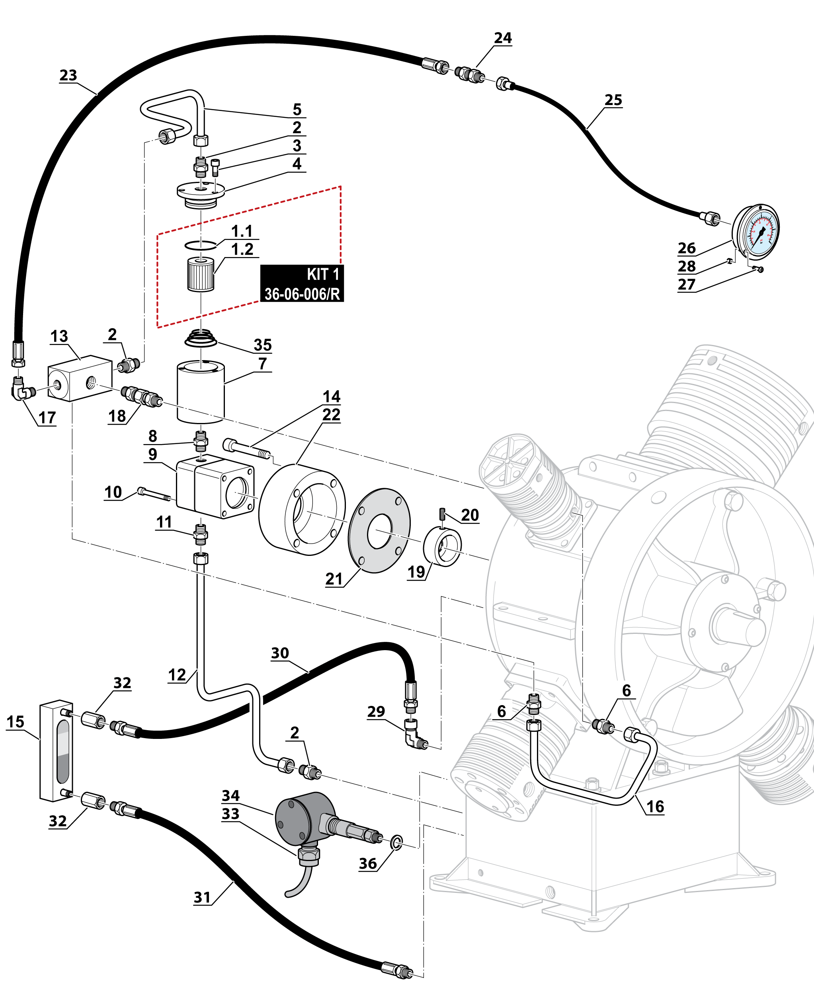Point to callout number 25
(613, 100)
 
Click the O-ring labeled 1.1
(201, 245)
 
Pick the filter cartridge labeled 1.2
(201, 274)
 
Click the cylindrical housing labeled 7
(200, 392)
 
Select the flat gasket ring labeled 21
(379, 530)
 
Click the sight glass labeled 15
(56, 751)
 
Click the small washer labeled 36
(396, 841)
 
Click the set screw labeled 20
(442, 514)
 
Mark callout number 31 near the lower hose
(202, 898)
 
